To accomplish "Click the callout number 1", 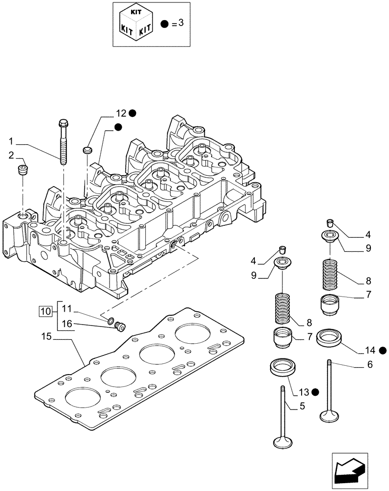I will [x=11, y=142].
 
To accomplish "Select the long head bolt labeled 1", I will [x=64, y=142].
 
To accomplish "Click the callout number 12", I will [x=121, y=113].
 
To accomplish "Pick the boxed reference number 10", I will [x=45, y=311].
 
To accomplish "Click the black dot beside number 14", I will [x=382, y=350].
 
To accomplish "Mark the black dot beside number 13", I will [x=314, y=392].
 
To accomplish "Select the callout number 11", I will [x=67, y=309].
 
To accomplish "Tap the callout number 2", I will [x=11, y=156].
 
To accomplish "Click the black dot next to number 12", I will [x=133, y=113].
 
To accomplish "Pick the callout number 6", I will [x=370, y=364].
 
